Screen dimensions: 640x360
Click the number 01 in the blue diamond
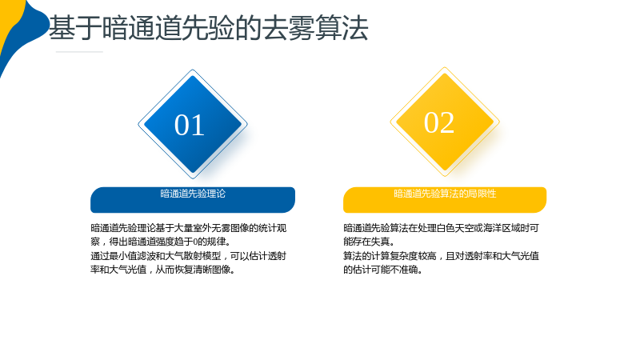[x=190, y=125]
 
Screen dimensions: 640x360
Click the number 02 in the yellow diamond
[x=439, y=122]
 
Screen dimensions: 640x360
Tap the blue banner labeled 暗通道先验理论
[x=193, y=200]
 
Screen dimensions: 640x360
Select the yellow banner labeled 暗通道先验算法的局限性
[x=445, y=200]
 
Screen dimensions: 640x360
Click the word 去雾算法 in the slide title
[x=314, y=28]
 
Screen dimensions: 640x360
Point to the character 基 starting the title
[x=62, y=28]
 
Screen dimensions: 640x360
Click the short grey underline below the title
[x=79, y=52]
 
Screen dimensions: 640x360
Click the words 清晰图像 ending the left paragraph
[x=212, y=270]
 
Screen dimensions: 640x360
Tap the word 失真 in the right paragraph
[x=380, y=242]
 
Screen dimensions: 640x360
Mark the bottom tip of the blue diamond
[x=193, y=178]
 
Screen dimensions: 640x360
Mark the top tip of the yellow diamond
[x=445, y=67]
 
